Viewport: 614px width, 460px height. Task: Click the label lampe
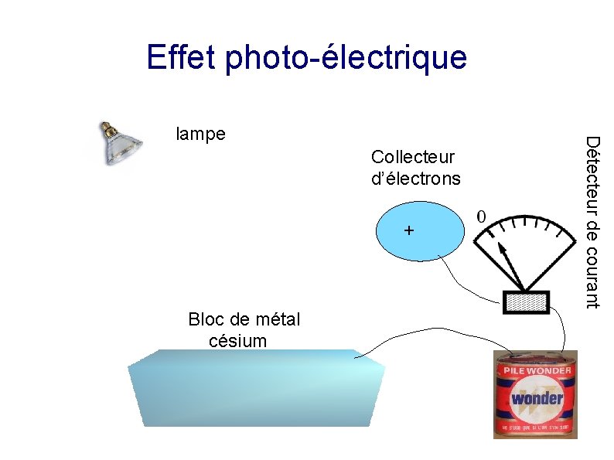click(201, 134)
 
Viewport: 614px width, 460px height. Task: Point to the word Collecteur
click(413, 157)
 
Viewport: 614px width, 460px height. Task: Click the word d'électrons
click(415, 179)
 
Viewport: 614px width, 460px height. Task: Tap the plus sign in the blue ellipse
click(409, 231)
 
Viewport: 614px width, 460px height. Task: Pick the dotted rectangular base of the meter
click(527, 302)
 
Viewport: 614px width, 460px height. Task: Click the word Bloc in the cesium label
click(203, 320)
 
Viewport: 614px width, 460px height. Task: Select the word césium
click(237, 341)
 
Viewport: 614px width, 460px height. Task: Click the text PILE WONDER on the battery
click(537, 370)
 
